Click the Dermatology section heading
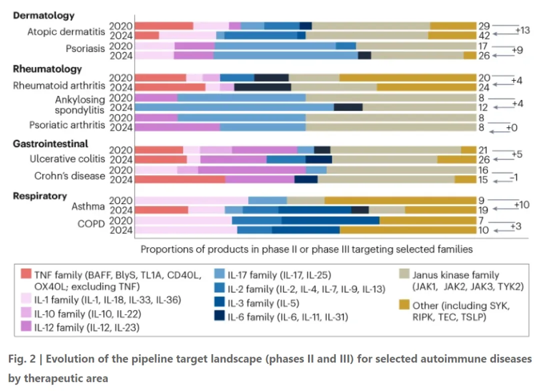click(x=43, y=15)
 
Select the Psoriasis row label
click(x=85, y=49)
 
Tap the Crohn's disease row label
click(x=69, y=176)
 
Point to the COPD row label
click(x=90, y=224)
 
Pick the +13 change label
click(x=522, y=30)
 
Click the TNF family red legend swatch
click(x=27, y=274)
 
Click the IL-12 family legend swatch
click(x=27, y=327)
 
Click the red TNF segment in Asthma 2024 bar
click(x=161, y=210)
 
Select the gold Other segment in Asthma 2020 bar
click(x=400, y=201)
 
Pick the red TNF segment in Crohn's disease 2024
click(x=180, y=179)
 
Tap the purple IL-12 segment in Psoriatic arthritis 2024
click(x=177, y=127)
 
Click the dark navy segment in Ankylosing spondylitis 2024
click(x=348, y=107)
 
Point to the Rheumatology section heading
click(x=47, y=69)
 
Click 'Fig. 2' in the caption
click(x=20, y=360)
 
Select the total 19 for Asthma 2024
click(x=484, y=210)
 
